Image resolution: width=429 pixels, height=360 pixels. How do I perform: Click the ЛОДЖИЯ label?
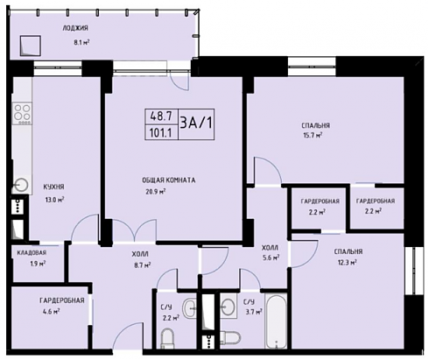coord(75,28)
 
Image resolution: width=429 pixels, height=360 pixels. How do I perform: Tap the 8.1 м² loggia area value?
coord(81,42)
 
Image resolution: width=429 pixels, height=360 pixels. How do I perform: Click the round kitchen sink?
coord(20,185)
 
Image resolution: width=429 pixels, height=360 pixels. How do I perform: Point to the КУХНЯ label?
coord(53,187)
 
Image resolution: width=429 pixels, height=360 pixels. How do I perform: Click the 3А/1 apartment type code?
coord(196,124)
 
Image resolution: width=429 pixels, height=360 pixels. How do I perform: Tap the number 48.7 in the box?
coord(161,116)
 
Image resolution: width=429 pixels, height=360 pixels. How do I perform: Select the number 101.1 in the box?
coord(160,133)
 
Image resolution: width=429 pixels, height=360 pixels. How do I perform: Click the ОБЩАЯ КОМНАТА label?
coord(169,180)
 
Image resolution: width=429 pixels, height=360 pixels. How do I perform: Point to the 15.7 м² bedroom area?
coord(312,136)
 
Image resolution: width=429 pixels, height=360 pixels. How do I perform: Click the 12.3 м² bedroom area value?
coord(347,263)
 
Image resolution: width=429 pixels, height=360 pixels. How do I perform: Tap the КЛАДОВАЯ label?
coord(32,252)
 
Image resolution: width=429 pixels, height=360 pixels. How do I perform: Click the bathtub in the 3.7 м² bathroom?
coord(277,321)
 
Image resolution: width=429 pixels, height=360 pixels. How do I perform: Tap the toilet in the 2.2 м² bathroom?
coord(167,338)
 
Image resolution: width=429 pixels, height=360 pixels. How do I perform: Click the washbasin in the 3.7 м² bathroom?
coord(229,307)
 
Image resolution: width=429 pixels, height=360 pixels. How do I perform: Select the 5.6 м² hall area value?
coord(271,258)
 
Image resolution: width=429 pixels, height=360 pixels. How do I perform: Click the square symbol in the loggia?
coord(30,46)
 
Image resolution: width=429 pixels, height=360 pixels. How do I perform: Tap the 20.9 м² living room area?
coord(156,192)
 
